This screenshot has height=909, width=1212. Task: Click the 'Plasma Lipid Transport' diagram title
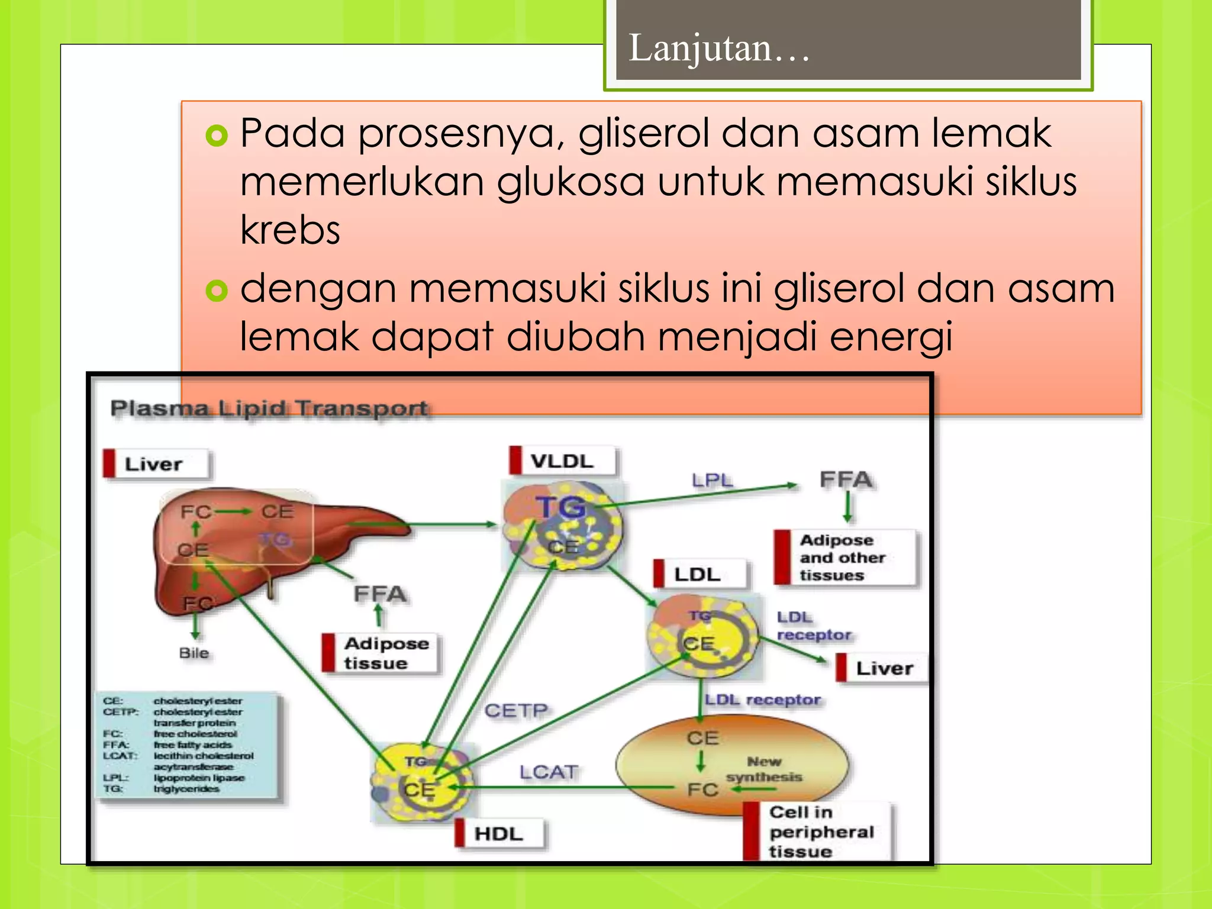pos(269,408)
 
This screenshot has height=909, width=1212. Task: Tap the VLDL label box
pos(562,461)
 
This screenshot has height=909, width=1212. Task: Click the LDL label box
pos(698,574)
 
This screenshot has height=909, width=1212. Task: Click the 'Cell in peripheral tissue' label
pos(820,831)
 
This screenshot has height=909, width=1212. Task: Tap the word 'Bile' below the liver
pos(194,653)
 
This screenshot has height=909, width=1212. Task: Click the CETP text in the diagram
pos(516,710)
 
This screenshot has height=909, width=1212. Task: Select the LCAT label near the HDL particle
pos(549,772)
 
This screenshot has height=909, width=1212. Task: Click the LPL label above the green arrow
pos(712,480)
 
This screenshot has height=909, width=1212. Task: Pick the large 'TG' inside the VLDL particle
pos(560,508)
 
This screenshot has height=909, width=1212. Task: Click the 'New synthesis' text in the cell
pos(764,769)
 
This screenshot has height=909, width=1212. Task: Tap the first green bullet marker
pos(217,136)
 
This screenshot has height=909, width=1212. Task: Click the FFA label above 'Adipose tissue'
pos(380,594)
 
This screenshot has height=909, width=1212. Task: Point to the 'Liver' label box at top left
pos(155,464)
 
